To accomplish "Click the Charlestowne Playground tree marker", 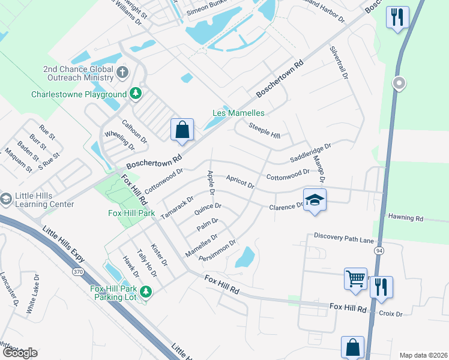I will [x=136, y=94].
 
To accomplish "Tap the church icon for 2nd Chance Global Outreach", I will [x=122, y=73].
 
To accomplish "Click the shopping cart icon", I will [x=355, y=278].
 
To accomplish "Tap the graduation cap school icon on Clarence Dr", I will [x=314, y=200].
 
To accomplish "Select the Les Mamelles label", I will [x=238, y=113].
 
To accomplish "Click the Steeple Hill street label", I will [x=265, y=131].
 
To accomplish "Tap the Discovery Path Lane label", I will [x=343, y=238].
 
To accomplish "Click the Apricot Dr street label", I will [x=240, y=181].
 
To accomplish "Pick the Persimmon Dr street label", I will [x=221, y=248].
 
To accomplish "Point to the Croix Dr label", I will [x=390, y=313].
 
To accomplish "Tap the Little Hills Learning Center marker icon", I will [x=6, y=199].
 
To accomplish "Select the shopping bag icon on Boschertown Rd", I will [x=182, y=130].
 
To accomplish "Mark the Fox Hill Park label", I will [x=131, y=214].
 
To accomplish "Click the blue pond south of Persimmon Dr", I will [x=245, y=258].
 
